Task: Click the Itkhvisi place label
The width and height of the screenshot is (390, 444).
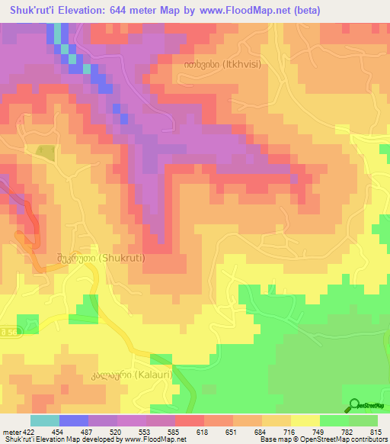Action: [221, 64]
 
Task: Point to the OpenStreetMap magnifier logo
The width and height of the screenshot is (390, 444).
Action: [353, 405]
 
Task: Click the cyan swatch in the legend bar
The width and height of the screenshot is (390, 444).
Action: [45, 420]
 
